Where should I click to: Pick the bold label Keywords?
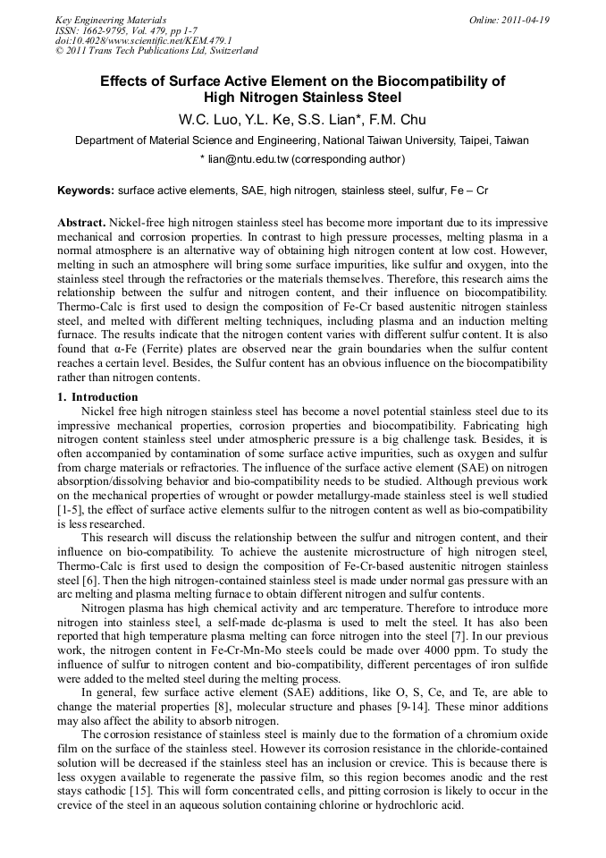(x=86, y=191)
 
